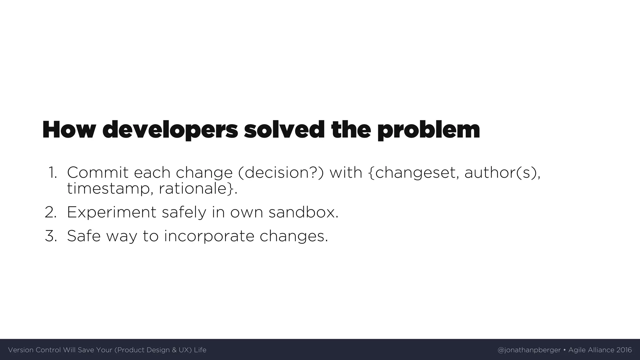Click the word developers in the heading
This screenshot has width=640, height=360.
point(170,130)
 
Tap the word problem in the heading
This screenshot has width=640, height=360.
point(428,130)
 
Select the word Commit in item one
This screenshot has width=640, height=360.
point(97,173)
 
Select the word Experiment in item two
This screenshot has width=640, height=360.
point(111,212)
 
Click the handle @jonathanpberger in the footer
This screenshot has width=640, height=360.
point(529,350)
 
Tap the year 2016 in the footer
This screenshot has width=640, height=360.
point(624,350)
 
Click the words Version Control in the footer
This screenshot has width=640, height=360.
point(34,350)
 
